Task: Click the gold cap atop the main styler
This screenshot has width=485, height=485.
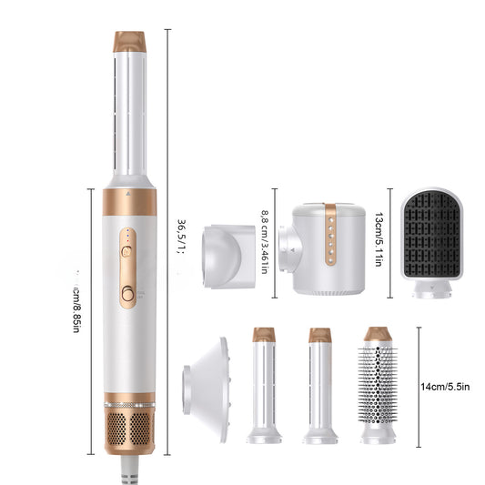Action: point(129,41)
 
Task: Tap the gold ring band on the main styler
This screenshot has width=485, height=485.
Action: point(129,201)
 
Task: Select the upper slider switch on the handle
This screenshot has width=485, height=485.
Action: point(128,246)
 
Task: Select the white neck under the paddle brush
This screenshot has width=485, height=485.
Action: point(432,288)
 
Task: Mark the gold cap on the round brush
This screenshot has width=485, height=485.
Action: point(377,334)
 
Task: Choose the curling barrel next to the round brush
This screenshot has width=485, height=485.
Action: point(319,387)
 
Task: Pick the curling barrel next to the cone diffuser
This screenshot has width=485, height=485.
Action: point(264,387)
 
